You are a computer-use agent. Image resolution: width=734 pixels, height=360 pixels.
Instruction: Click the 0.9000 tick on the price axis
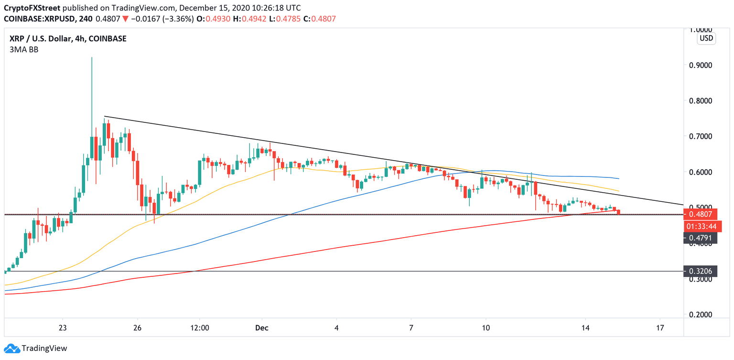[x=701, y=65]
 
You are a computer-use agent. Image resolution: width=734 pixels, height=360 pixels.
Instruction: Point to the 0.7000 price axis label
[x=701, y=136]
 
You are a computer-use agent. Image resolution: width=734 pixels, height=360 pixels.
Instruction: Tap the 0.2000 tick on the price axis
[x=701, y=315]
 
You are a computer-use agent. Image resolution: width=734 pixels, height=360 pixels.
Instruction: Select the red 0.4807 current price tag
[x=701, y=215]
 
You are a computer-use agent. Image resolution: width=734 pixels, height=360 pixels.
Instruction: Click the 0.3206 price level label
[x=701, y=271]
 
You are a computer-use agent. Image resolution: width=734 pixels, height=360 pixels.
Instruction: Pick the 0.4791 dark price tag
[x=701, y=237]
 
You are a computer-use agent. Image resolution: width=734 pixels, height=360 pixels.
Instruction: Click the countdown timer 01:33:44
[x=701, y=226]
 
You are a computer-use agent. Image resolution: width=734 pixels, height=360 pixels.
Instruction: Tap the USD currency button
[x=706, y=38]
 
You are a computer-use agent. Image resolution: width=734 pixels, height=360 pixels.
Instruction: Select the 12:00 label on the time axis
[x=200, y=328]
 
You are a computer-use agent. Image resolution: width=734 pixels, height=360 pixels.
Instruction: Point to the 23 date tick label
[x=63, y=328]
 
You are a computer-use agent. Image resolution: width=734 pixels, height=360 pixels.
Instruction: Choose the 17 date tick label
[x=660, y=328]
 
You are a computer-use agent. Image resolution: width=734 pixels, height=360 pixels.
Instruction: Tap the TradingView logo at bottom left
[x=36, y=349]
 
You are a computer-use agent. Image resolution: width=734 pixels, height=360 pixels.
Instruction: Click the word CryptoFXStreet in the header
[x=32, y=8]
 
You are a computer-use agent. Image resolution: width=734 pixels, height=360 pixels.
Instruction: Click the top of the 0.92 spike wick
[x=91, y=58]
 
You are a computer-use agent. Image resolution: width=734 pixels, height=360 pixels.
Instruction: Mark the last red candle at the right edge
[x=619, y=212]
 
